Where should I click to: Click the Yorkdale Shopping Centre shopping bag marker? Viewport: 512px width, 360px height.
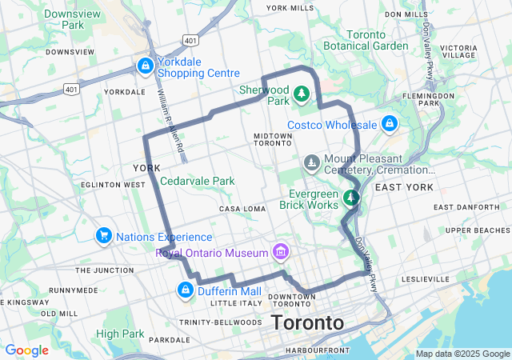(x=145, y=66)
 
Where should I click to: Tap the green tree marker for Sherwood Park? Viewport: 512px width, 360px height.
(x=302, y=94)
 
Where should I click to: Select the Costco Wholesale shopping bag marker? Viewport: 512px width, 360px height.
(x=389, y=124)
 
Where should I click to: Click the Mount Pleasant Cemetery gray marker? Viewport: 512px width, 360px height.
(x=312, y=164)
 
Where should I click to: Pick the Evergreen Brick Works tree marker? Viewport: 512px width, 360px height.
(x=350, y=197)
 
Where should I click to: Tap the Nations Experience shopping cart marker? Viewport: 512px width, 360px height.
(x=103, y=236)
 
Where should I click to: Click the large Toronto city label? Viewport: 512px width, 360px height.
(x=308, y=323)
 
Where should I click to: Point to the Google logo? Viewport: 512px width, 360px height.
(x=26, y=350)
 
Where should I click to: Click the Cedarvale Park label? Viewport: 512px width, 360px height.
(x=198, y=181)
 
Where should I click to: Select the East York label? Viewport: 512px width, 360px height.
(x=404, y=187)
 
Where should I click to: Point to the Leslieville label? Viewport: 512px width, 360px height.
(x=427, y=278)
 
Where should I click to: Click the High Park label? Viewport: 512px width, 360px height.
(x=119, y=333)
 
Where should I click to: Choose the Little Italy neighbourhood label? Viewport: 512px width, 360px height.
(x=236, y=303)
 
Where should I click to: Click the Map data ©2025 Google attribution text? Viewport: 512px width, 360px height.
(x=462, y=354)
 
